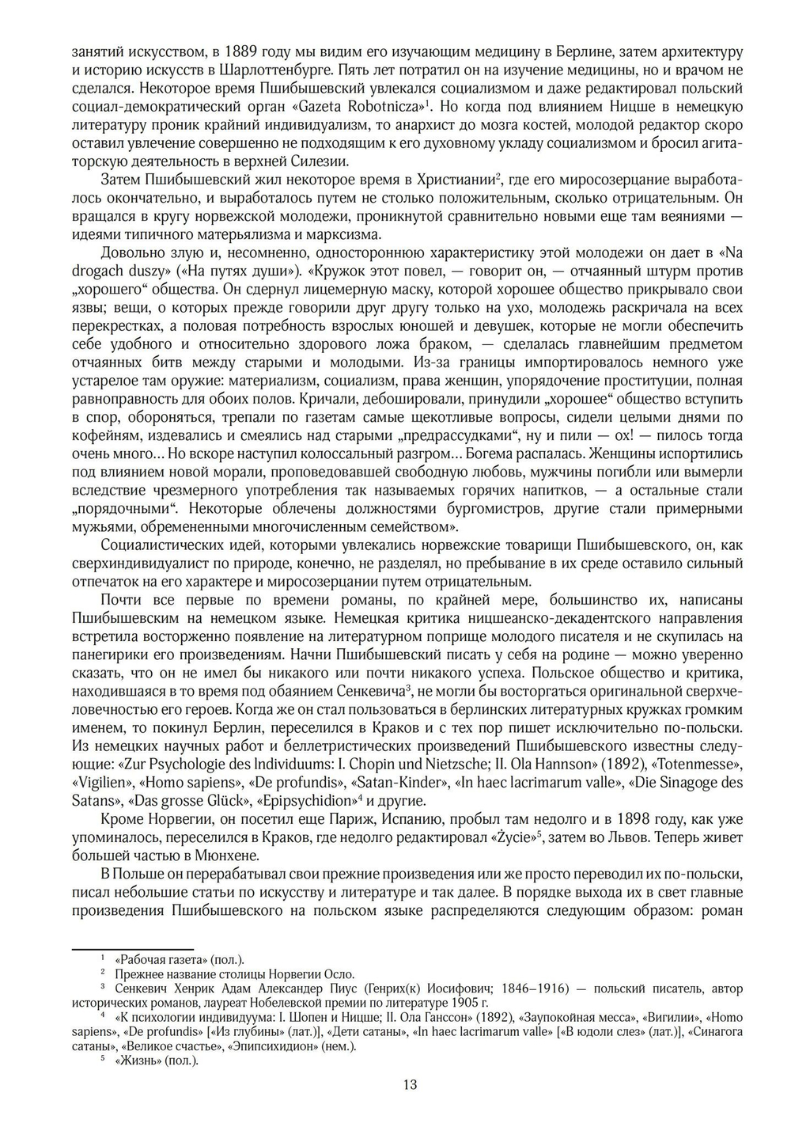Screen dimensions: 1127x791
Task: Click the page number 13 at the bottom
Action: click(x=410, y=1084)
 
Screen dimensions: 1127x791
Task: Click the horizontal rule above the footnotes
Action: click(x=133, y=948)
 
